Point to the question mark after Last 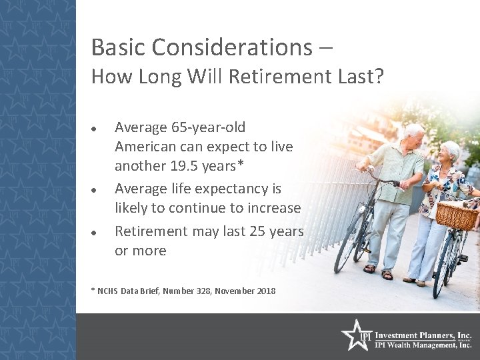coord(379,77)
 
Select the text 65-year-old coord(207,127)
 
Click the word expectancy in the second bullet coord(234,189)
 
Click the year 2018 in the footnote coord(265,291)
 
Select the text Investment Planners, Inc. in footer coord(423,335)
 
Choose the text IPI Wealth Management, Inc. coord(423,345)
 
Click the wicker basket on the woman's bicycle coord(456,215)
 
